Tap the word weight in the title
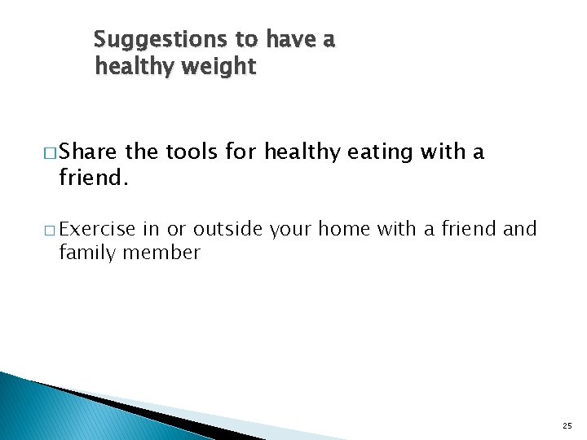coord(219,67)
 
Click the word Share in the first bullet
coord(89,152)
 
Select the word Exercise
coord(98,229)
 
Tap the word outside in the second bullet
coord(227,229)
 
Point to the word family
coord(87,253)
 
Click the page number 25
coord(567,426)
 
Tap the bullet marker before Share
coord(50,152)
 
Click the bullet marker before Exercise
coord(50,230)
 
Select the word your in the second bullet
coord(290,229)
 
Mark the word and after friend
coord(520,229)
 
